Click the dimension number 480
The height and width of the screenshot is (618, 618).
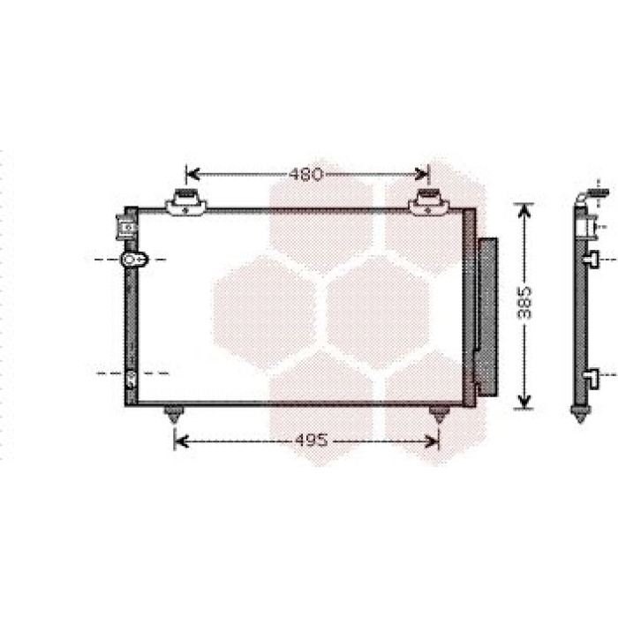306,174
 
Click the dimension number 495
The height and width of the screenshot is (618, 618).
311,441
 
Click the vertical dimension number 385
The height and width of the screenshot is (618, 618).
524,303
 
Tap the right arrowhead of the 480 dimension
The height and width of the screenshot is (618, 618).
422,174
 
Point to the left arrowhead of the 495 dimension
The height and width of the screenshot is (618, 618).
181,441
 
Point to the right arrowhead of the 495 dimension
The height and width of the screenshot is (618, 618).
432,441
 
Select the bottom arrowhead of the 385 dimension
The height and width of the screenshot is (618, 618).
524,402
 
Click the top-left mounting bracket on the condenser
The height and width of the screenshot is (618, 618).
185,202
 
